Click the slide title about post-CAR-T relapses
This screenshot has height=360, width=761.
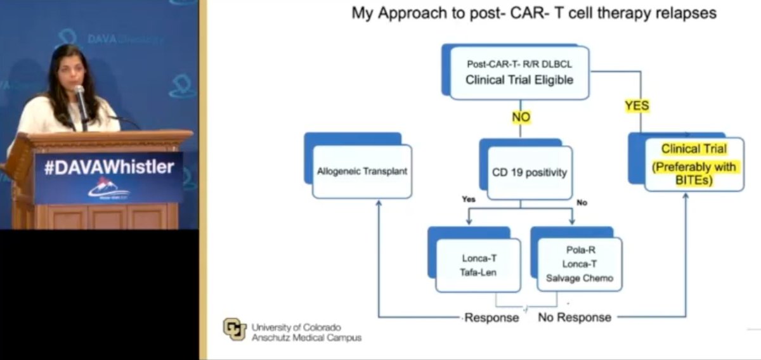(x=534, y=13)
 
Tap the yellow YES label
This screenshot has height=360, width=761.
(x=637, y=106)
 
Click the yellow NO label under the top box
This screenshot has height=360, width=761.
(x=520, y=117)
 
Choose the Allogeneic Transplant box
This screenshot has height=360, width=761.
(x=362, y=171)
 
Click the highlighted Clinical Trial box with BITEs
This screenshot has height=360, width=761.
(x=694, y=164)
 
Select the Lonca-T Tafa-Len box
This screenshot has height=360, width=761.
(x=478, y=265)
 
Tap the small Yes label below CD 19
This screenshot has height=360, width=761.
(x=469, y=199)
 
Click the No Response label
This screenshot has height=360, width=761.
(x=575, y=317)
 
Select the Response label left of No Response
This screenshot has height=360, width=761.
(x=491, y=317)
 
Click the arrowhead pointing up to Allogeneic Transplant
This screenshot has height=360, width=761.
(x=379, y=204)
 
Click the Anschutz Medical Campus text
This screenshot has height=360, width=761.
(x=306, y=338)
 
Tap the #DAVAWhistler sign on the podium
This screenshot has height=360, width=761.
(x=108, y=167)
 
